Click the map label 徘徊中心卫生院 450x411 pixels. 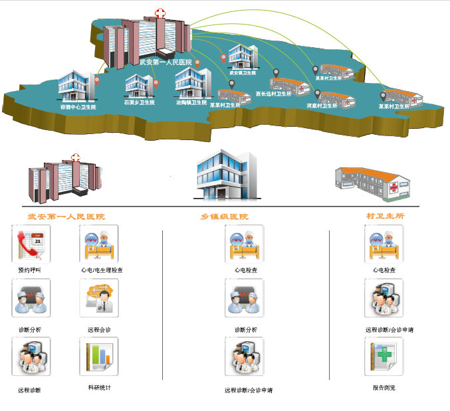click(x=78, y=106)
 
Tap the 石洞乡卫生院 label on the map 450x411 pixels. click(x=139, y=103)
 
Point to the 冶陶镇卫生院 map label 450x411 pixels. click(x=191, y=103)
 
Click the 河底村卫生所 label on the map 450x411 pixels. click(x=322, y=106)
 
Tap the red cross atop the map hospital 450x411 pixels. click(x=160, y=13)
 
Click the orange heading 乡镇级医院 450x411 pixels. click(x=225, y=216)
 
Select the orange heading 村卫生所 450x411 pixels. click(x=386, y=216)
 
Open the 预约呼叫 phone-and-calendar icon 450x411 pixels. click(x=31, y=244)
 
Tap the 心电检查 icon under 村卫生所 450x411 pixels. click(x=384, y=244)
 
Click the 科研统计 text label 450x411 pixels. click(x=100, y=387)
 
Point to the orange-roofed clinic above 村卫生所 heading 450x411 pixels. click(x=372, y=183)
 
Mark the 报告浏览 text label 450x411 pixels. click(x=384, y=387)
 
